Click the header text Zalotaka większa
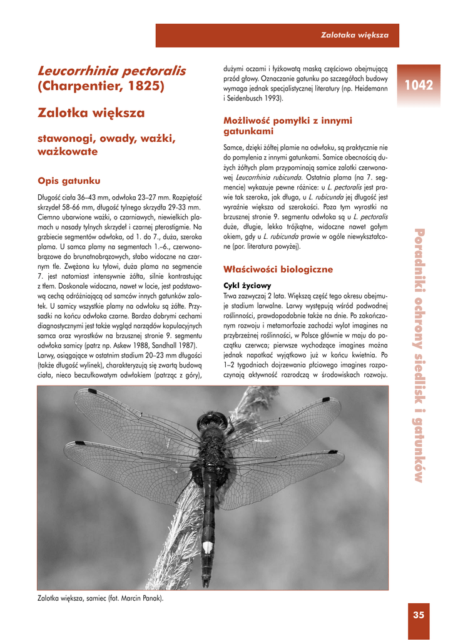pyautogui.click(x=355, y=35)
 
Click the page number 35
pyautogui.click(x=419, y=615)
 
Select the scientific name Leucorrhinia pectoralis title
pyautogui.click(x=112, y=71)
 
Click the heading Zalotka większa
pyautogui.click(x=91, y=113)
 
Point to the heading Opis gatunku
pyautogui.click(x=69, y=181)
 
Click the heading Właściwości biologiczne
pyautogui.click(x=270, y=269)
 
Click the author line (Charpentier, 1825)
pyautogui.click(x=101, y=86)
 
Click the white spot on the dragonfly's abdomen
pyautogui.click(x=207, y=547)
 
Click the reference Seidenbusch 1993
pyautogui.click(x=257, y=98)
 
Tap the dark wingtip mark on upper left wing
pyautogui.click(x=92, y=391)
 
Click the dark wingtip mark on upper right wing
pyautogui.click(x=326, y=398)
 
